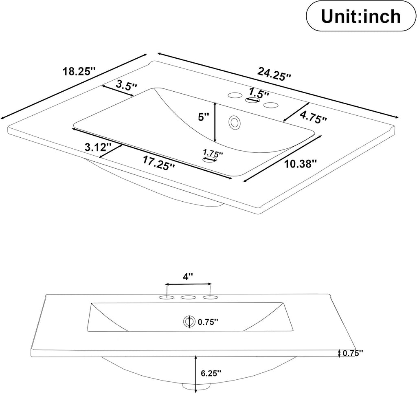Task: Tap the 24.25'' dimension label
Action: [x=274, y=74]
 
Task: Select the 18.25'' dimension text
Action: [x=79, y=72]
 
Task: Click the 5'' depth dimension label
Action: [x=204, y=117]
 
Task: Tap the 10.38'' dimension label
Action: [x=301, y=164]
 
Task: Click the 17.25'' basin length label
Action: [x=159, y=163]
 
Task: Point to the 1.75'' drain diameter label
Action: [x=213, y=154]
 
